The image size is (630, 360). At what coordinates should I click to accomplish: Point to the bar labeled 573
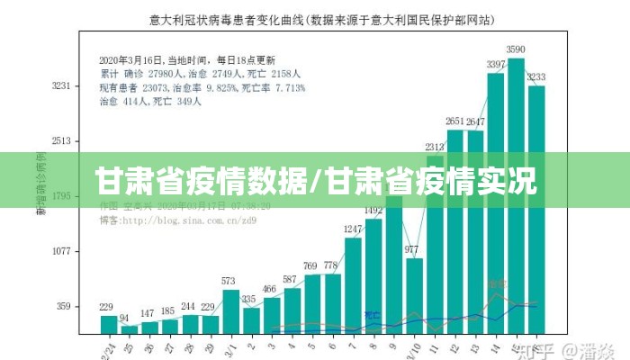tap(231, 310)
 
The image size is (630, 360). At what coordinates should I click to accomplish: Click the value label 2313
tap(435, 147)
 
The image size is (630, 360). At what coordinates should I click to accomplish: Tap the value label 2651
tap(455, 121)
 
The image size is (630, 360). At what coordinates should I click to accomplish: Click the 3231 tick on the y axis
tap(60, 86)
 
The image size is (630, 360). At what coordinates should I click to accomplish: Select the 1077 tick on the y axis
tap(60, 252)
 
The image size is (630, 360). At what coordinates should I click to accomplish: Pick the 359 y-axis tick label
tap(63, 307)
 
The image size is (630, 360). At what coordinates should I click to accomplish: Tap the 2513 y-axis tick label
tap(60, 141)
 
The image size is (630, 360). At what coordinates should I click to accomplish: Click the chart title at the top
tap(315, 18)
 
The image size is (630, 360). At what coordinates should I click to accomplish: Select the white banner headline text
tap(315, 180)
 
